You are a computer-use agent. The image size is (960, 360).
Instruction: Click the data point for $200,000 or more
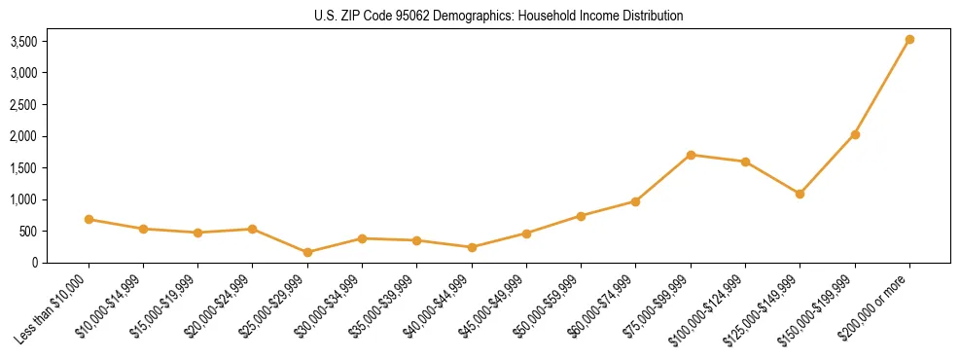(909, 40)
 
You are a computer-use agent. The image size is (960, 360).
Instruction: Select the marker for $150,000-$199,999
(855, 134)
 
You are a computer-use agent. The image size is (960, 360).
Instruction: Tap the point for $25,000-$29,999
(307, 252)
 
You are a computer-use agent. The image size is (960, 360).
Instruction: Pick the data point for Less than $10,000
(89, 219)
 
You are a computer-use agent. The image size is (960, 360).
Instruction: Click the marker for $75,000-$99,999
(691, 155)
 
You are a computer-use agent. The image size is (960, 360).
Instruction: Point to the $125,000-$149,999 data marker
(800, 194)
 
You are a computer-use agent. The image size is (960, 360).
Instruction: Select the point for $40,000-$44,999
(472, 247)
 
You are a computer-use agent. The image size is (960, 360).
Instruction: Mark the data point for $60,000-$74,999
(635, 201)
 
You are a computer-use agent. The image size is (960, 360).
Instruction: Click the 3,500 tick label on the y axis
(23, 42)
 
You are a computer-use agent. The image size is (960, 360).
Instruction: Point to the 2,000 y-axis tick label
(23, 136)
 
